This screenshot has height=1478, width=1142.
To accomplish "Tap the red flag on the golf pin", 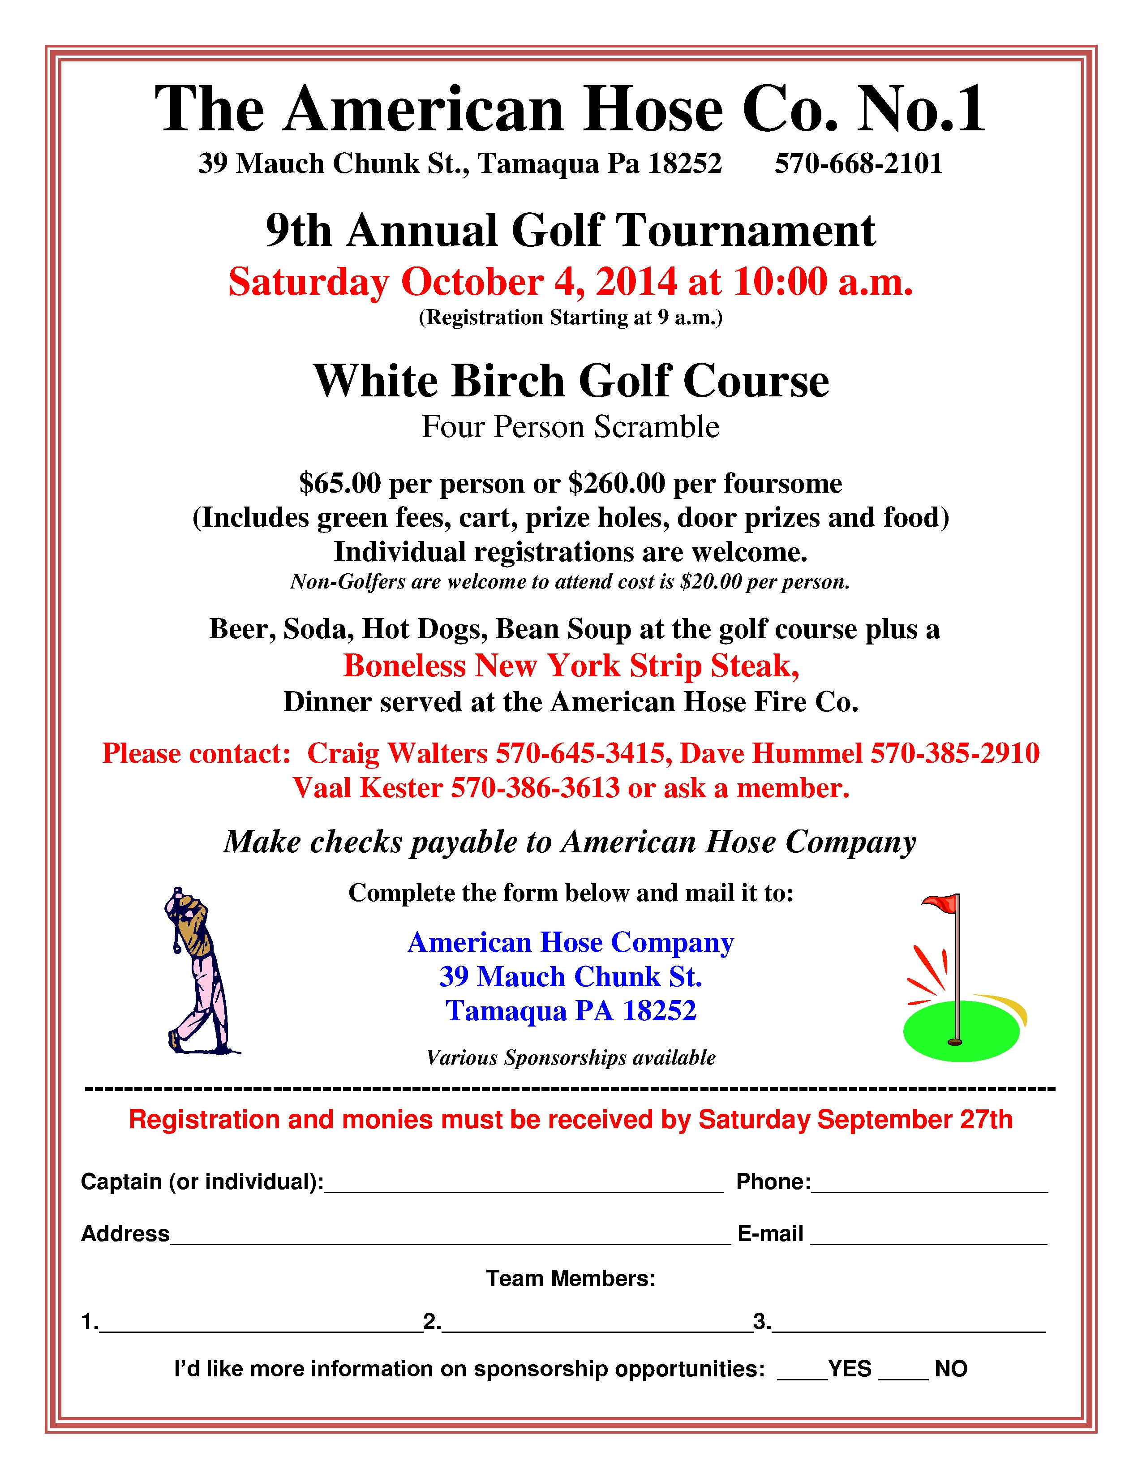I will (x=942, y=902).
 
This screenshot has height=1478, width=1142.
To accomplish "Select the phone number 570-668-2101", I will (x=858, y=164).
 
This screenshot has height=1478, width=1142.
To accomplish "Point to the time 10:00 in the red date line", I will (x=780, y=282).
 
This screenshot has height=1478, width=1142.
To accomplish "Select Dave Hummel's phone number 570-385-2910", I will (x=955, y=753).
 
